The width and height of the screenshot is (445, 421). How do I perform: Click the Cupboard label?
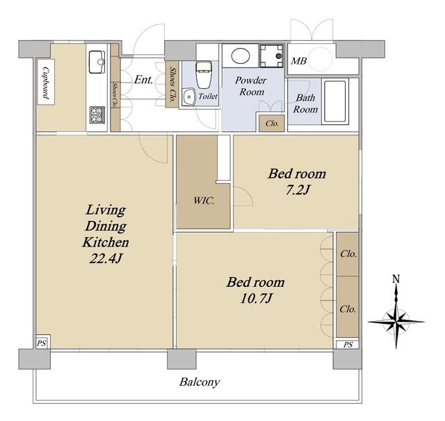[x=46, y=83]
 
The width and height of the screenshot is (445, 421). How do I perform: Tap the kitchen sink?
[x=97, y=62]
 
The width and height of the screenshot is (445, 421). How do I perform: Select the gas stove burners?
[x=97, y=115]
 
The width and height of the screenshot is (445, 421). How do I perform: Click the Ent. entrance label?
[x=144, y=80]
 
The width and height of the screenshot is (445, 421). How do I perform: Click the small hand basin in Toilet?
[x=188, y=97]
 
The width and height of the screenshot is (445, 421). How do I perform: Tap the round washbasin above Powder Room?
[x=241, y=56]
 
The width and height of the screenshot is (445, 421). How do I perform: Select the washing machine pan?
[x=272, y=56]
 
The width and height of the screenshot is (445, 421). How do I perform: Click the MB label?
[x=298, y=61]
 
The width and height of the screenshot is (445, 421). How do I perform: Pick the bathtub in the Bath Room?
[x=335, y=101]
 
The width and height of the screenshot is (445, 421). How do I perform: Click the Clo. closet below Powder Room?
[x=272, y=124]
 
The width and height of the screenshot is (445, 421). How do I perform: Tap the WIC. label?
[x=204, y=201]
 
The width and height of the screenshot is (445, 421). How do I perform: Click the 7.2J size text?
[x=297, y=190]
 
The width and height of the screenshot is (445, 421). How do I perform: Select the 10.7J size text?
[x=257, y=298]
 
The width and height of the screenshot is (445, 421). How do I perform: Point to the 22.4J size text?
[x=106, y=258]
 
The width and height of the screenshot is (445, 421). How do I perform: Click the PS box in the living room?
[x=42, y=342]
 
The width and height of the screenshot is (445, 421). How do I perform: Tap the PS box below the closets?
[x=348, y=344]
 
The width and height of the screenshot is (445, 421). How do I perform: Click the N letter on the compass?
[x=396, y=279]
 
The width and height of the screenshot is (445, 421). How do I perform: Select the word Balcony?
[x=200, y=383]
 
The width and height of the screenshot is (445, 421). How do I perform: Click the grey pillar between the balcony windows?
[x=181, y=359]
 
